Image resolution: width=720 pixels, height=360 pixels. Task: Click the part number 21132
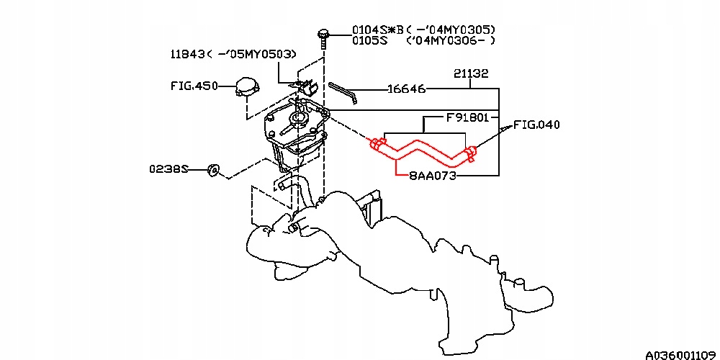pos(472,73)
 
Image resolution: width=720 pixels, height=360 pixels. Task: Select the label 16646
pos(406,89)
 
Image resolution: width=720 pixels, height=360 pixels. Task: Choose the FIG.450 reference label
pos(194,85)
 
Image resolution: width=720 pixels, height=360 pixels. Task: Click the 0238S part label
pos(168,169)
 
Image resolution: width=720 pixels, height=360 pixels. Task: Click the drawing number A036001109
pos(680,355)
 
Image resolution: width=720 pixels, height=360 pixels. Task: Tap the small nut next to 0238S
pos(212,170)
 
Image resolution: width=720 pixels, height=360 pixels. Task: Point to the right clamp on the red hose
pos(470,152)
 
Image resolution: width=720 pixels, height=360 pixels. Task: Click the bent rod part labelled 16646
pos(343,91)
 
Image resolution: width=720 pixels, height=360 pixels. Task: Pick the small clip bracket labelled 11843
pos(308,86)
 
